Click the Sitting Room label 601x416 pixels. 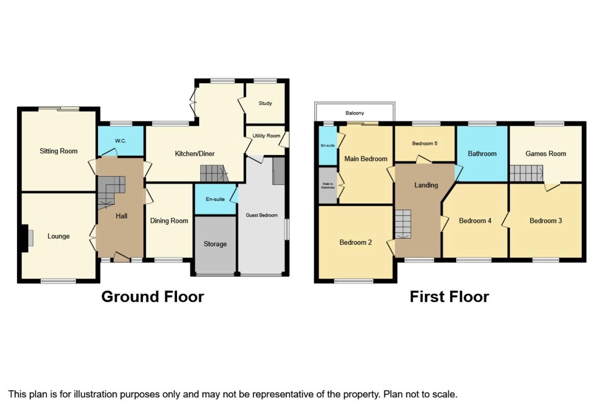point(58,151)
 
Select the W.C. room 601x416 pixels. point(120,141)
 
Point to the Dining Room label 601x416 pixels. point(169,221)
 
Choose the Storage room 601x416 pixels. point(215,244)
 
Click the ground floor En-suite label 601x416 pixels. point(215,199)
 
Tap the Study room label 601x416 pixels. point(265,103)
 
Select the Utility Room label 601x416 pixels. point(266,136)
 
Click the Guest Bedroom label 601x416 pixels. point(262,215)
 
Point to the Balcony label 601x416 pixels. point(355,113)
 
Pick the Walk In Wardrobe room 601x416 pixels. point(328,186)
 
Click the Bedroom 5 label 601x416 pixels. point(424,144)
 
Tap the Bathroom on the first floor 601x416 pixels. point(482,154)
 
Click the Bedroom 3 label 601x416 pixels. point(546,221)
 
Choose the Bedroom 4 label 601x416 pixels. point(475,221)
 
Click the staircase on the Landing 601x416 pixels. point(403,224)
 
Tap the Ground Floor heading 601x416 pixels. point(153,297)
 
